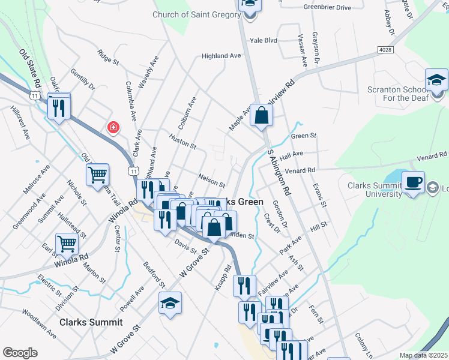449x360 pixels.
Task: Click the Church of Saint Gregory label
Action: tap(196, 14)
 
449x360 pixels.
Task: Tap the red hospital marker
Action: tap(112, 127)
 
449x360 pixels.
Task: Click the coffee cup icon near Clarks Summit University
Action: tap(412, 182)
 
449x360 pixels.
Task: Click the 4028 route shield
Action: tap(386, 49)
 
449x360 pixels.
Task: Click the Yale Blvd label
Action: tap(264, 40)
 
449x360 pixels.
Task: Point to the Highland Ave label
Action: tap(221, 56)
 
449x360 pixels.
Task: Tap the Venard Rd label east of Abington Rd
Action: tap(300, 170)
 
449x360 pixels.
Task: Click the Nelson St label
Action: tap(211, 180)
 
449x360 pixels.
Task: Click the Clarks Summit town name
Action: tap(88, 322)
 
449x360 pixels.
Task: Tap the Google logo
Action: tap(20, 353)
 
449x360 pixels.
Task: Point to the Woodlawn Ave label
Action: tap(40, 322)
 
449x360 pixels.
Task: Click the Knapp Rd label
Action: tap(223, 278)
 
